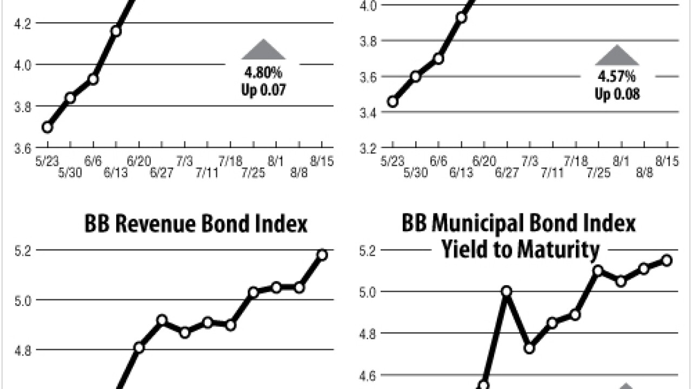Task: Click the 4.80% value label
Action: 263,72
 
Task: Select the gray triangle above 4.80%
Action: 263,50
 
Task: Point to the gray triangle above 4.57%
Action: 617,56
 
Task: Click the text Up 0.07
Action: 263,89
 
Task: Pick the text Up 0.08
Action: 617,95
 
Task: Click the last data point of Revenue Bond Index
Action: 322,255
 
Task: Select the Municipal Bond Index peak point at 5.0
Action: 507,291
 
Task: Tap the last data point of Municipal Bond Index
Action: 667,260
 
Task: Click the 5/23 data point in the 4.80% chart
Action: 48,128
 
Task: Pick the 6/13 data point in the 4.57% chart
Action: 461,17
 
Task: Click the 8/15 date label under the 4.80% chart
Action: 322,161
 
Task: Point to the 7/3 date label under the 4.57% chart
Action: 530,162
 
